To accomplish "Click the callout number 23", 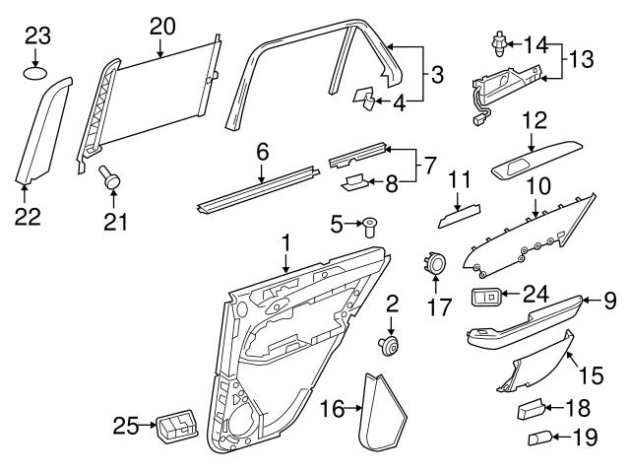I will point(36,36).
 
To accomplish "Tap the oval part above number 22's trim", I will point(36,72).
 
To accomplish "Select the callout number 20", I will point(162,25).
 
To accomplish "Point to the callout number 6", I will point(262,152).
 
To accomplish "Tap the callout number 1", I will point(285,240).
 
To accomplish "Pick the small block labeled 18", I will point(533,406).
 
